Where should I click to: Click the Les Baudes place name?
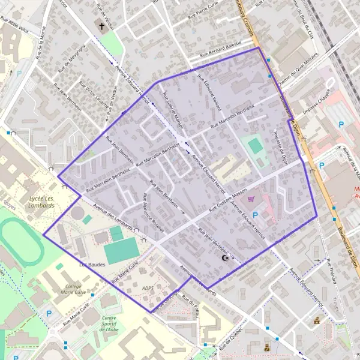tap(91, 263)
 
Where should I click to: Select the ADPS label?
tap(148, 288)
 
